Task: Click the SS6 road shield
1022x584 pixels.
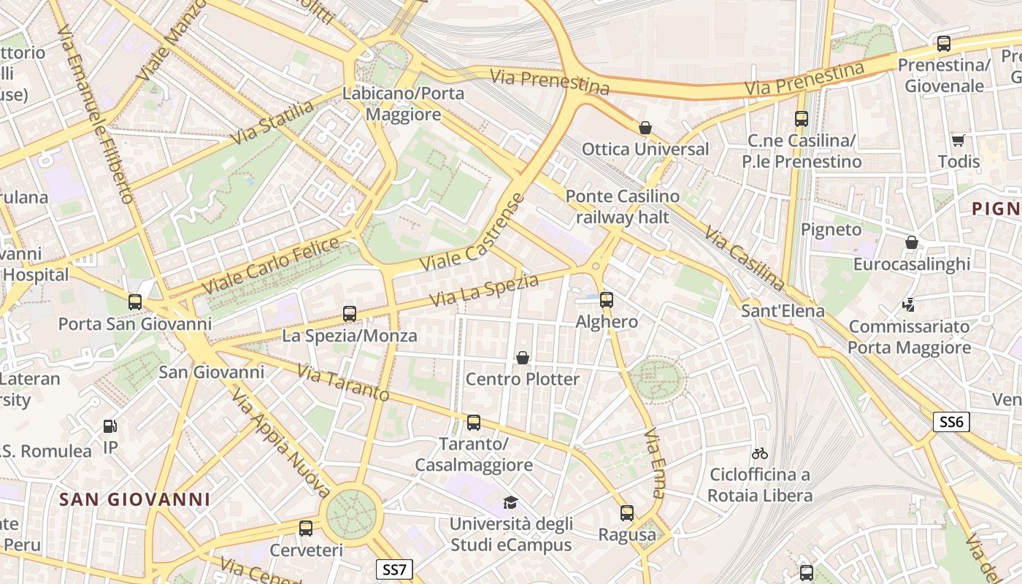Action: pos(951,422)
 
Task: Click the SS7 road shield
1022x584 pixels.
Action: pos(394,569)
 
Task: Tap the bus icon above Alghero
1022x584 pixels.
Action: pos(606,299)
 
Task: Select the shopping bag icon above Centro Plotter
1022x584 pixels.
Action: pos(523,357)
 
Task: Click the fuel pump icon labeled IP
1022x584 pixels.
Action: pos(109,426)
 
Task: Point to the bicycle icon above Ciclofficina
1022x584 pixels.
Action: pos(759,453)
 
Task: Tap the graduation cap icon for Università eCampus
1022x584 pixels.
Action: pos(510,502)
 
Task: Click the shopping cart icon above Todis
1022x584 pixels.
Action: pos(958,139)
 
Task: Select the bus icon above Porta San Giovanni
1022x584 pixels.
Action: pos(134,301)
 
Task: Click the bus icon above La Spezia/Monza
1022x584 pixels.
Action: pos(350,314)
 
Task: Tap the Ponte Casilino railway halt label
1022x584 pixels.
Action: pos(622,207)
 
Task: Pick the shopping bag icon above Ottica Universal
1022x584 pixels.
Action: pos(645,128)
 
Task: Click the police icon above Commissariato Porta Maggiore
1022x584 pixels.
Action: pos(909,305)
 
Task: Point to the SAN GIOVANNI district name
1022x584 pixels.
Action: pos(134,499)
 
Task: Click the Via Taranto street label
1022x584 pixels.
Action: pos(343,383)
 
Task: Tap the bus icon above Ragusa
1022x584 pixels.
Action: pos(626,513)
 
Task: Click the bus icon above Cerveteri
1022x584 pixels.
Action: pos(306,528)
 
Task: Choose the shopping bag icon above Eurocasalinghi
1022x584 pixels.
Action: pos(911,242)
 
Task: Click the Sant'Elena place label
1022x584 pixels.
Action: pos(783,311)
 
